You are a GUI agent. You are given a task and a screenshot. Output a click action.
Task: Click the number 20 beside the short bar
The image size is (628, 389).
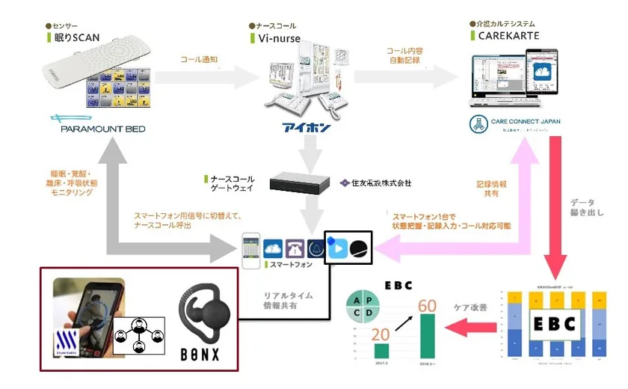pos(381,333)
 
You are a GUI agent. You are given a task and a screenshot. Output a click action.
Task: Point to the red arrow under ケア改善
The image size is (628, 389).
pos(465,325)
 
